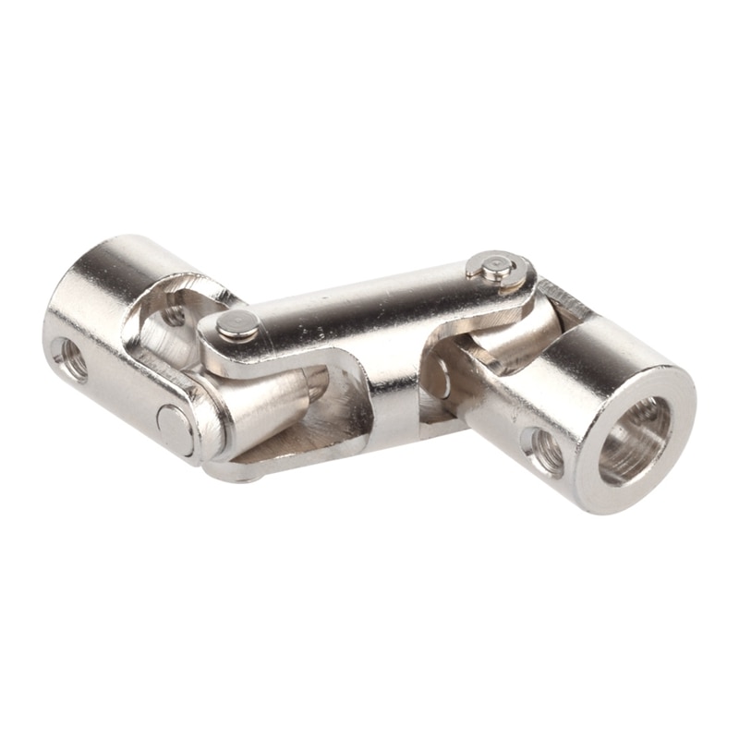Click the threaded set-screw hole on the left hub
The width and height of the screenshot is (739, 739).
click(71, 358)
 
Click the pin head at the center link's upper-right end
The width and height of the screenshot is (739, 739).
click(497, 268)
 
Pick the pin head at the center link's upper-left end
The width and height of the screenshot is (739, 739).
click(236, 325)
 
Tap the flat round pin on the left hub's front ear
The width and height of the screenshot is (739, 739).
click(174, 430)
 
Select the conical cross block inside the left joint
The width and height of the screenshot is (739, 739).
click(268, 406)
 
